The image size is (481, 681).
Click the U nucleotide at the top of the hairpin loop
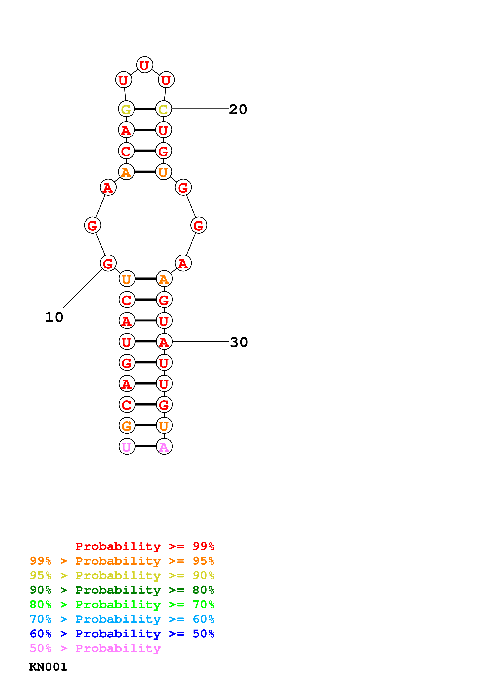(x=144, y=65)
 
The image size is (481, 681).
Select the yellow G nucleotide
(x=126, y=109)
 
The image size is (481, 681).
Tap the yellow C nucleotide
(x=164, y=109)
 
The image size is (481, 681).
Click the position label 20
(x=238, y=109)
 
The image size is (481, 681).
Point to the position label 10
(x=54, y=317)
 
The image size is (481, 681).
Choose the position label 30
(x=239, y=342)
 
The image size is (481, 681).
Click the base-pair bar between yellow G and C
(x=145, y=109)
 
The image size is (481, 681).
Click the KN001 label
(x=48, y=667)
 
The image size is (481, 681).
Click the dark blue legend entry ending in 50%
(x=122, y=634)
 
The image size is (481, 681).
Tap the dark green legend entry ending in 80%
(x=122, y=590)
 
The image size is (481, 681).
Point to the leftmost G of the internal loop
(x=93, y=225)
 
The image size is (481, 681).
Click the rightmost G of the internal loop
(x=198, y=225)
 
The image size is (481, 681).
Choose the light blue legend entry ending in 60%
(x=122, y=619)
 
